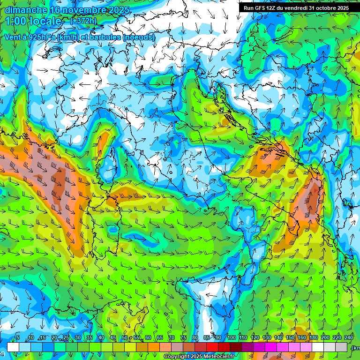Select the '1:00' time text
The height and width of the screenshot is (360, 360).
pyautogui.click(x=15, y=22)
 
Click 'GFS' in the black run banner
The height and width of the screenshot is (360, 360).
pyautogui.click(x=262, y=8)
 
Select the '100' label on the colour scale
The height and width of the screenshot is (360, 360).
pyautogui.click(x=231, y=337)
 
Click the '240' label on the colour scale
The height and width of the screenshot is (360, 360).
pyautogui.click(x=348, y=337)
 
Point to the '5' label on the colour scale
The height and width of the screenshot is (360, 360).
pyautogui.click(x=18, y=337)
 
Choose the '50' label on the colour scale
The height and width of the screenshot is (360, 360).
pyautogui.click(x=125, y=337)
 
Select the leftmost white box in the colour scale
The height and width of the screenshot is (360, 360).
pyautogui.click(x=13, y=347)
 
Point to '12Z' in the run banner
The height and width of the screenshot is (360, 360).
pyautogui.click(x=274, y=8)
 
